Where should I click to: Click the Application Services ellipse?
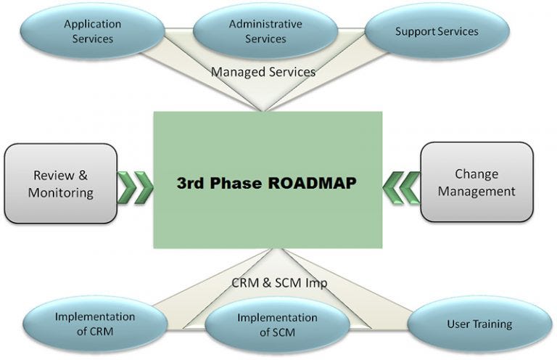click(x=92, y=30)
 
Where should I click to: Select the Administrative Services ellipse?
click(x=265, y=31)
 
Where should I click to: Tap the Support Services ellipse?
click(x=437, y=32)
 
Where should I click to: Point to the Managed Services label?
click(x=263, y=72)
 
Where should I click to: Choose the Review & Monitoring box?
click(x=61, y=184)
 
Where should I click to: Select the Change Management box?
click(x=476, y=182)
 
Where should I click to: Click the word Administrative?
click(x=265, y=24)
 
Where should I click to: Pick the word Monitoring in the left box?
click(x=61, y=192)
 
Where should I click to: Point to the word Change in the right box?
click(x=476, y=174)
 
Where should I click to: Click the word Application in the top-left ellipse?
click(x=92, y=24)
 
